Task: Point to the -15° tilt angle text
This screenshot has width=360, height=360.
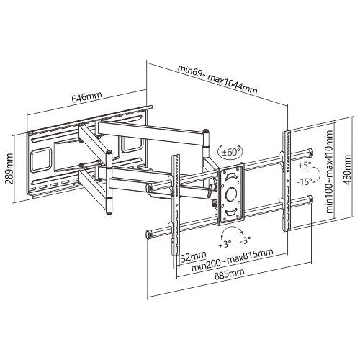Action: coord(305,183)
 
